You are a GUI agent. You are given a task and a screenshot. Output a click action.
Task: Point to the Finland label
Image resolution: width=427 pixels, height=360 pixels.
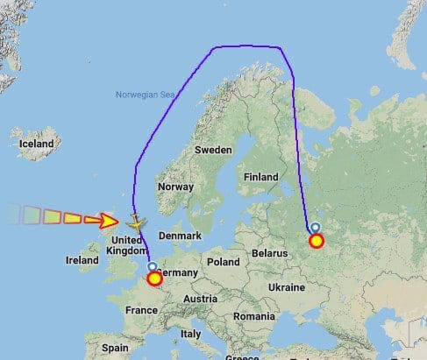(260, 176)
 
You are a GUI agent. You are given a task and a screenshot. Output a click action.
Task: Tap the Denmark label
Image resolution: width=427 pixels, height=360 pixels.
(183, 236)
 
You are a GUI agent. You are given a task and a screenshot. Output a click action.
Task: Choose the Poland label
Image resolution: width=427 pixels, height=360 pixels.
(223, 261)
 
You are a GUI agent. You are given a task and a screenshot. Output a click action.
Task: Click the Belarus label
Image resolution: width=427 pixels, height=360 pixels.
(269, 252)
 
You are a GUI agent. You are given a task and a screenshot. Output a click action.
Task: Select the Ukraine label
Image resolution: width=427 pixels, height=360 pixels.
(287, 286)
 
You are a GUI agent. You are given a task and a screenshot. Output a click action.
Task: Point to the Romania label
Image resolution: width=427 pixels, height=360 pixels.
(254, 314)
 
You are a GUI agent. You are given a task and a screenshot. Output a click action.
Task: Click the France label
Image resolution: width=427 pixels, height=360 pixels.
(140, 309)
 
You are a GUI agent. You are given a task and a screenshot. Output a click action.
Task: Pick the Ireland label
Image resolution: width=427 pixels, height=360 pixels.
(82, 260)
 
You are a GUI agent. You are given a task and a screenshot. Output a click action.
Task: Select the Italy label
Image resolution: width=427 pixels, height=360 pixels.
(190, 333)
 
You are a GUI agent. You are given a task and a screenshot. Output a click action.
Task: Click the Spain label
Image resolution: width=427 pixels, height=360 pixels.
(114, 347)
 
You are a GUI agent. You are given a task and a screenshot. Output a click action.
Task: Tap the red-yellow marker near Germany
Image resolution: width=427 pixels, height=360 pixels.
(154, 279)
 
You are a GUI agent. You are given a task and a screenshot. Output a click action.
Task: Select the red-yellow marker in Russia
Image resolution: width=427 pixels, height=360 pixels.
(316, 239)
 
